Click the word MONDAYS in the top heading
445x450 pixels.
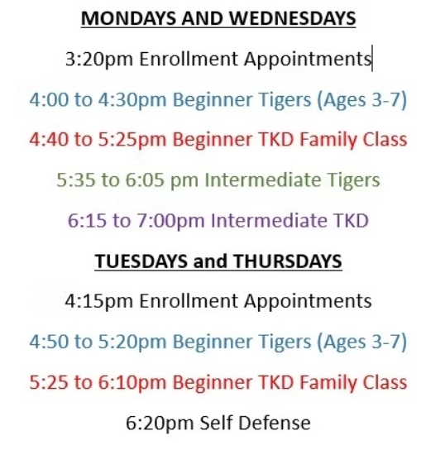(x=128, y=18)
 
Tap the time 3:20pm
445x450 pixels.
(x=99, y=60)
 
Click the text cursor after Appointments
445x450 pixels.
(x=372, y=58)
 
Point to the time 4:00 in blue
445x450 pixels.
(x=49, y=99)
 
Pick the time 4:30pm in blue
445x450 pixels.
(x=132, y=100)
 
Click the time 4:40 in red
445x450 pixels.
(x=49, y=140)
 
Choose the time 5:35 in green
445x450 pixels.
(x=76, y=180)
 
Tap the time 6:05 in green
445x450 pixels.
(x=145, y=180)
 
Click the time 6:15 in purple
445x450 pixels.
(x=87, y=220)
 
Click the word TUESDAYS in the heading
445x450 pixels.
(x=141, y=261)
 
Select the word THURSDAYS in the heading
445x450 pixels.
(x=288, y=261)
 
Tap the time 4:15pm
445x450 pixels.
(x=99, y=302)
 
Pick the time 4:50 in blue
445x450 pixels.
(x=49, y=342)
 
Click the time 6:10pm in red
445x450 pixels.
(x=132, y=383)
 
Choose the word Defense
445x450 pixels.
(x=275, y=423)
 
